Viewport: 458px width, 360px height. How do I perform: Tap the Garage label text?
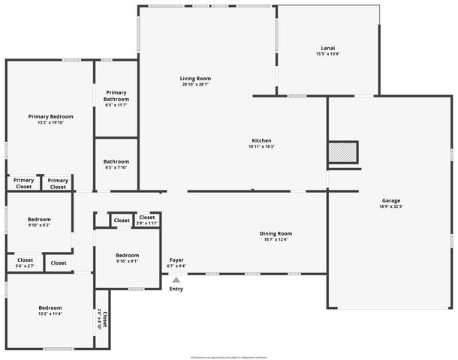pos(390,201)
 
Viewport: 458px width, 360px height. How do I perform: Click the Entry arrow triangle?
pos(176,280)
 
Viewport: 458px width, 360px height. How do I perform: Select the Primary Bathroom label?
pos(116,95)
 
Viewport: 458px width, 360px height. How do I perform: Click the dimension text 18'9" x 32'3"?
pos(390,205)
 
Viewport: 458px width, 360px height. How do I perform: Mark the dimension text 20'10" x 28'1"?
pos(195,85)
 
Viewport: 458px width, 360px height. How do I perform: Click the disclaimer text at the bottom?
pos(229,356)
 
